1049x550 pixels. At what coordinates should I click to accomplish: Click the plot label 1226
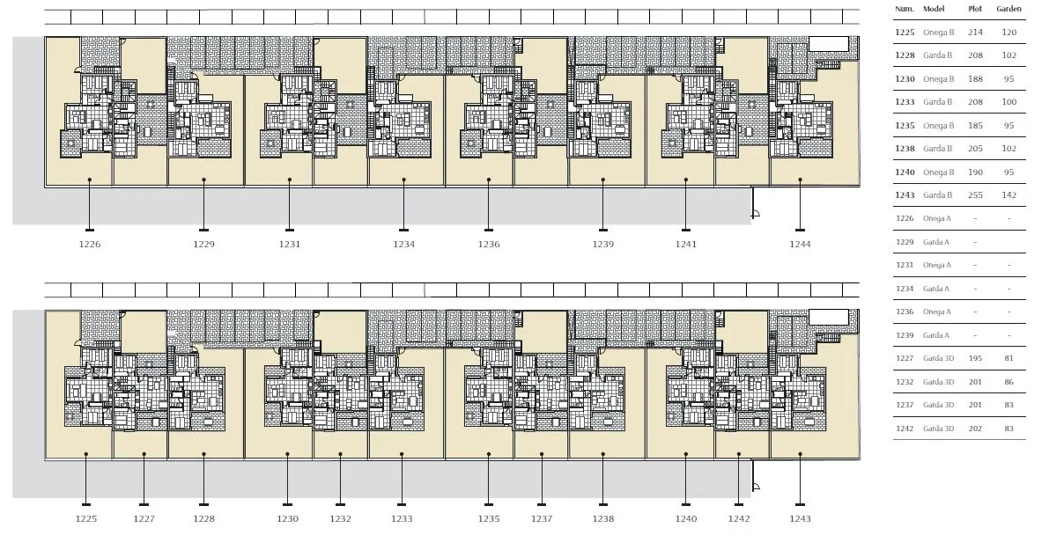click(90, 244)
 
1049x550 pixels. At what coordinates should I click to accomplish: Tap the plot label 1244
click(800, 244)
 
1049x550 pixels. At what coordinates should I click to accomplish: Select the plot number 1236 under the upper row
click(489, 244)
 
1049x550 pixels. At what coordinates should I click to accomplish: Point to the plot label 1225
click(86, 518)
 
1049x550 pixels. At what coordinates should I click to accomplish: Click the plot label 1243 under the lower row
click(800, 518)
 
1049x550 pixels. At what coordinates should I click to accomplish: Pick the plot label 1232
click(341, 518)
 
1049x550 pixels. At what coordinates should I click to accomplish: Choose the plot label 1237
click(542, 518)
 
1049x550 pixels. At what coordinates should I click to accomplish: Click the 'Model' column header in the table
click(934, 9)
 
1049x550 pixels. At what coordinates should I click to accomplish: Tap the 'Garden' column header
click(1008, 9)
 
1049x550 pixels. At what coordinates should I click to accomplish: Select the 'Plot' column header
click(975, 9)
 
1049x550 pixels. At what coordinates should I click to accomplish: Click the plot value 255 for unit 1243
click(975, 195)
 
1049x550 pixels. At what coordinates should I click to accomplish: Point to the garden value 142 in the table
click(1008, 195)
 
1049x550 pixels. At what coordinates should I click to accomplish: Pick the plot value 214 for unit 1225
click(975, 32)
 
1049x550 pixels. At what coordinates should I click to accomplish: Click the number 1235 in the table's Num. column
click(905, 126)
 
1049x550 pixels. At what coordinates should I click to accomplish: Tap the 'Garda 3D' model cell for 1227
click(939, 358)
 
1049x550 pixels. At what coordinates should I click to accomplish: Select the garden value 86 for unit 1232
click(1008, 382)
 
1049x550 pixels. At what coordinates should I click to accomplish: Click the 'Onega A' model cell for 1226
click(937, 218)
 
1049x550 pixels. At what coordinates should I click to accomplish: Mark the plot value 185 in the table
click(975, 126)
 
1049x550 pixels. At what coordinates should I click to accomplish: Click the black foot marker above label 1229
click(204, 230)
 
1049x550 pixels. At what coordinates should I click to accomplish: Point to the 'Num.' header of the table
click(905, 9)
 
